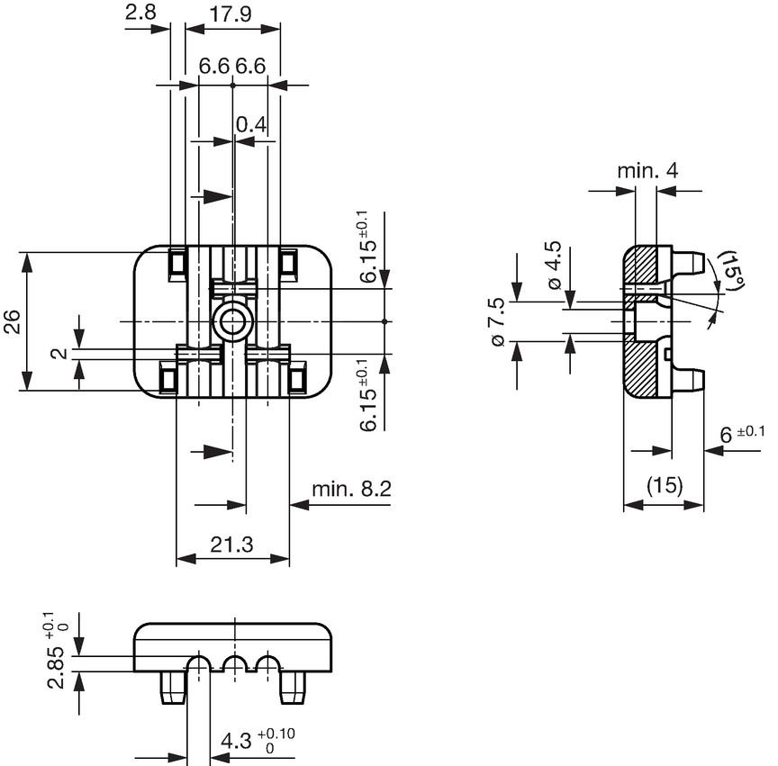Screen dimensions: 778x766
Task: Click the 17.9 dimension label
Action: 231,14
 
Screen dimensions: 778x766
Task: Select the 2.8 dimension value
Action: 140,12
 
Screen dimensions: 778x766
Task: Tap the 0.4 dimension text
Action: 251,125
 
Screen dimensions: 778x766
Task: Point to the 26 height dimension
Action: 12,321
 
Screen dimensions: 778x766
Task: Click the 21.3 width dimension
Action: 231,545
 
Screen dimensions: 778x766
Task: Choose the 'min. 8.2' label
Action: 351,489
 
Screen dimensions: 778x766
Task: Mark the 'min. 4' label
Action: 647,171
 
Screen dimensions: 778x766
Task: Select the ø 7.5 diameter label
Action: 497,322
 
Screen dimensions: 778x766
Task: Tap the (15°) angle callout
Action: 732,270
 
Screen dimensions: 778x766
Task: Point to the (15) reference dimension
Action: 665,484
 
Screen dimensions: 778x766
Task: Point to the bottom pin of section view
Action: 688,379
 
